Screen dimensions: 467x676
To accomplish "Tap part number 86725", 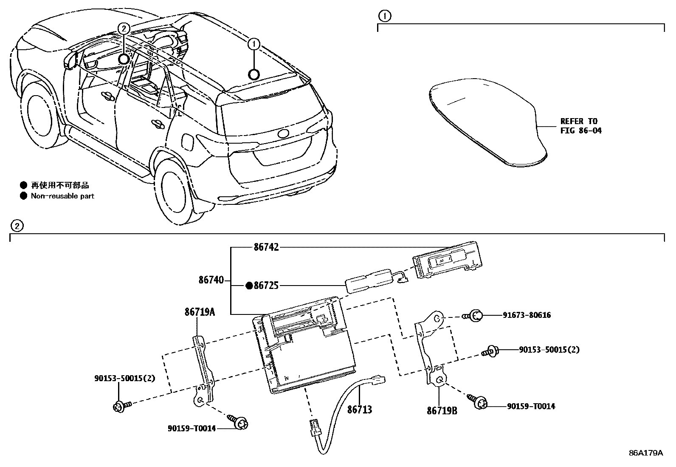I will tap(266, 286).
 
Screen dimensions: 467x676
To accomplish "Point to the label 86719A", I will tap(200, 312).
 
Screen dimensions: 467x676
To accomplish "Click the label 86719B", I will tap(442, 411).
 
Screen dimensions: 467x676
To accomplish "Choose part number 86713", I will tap(360, 410).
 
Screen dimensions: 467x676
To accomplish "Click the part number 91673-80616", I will tap(527, 315).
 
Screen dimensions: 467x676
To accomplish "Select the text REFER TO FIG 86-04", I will tap(580, 126).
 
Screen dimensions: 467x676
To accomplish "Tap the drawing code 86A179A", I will tap(645, 453).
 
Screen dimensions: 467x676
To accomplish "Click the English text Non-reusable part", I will tap(62, 196).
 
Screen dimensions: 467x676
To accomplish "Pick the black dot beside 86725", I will tap(249, 286).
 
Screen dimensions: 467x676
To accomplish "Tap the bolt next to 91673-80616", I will tap(474, 316).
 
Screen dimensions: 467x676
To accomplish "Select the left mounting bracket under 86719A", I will tap(203, 370).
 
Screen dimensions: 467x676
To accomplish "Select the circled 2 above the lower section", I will tap(16, 226).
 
